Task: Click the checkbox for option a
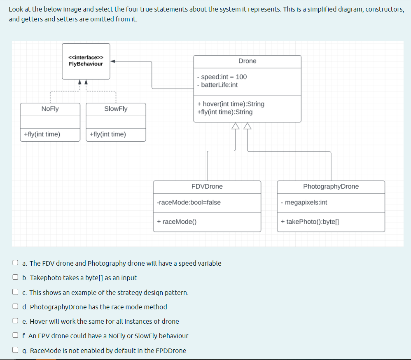coord(15,263)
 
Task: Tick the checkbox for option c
coord(15,292)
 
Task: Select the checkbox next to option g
coord(15,351)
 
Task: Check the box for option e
coord(15,321)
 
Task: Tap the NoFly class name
coord(50,109)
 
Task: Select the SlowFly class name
coord(116,109)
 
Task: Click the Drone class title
coord(247,61)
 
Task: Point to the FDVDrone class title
coord(207,187)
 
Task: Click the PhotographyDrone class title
coord(331,187)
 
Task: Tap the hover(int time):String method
coord(231,104)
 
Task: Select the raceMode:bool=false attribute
coord(189,202)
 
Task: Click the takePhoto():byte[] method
coord(310,222)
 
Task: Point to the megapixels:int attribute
coord(304,202)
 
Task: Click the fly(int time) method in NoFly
coord(42,134)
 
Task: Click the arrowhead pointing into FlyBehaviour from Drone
coord(113,61)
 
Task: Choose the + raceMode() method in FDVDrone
coord(177,222)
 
